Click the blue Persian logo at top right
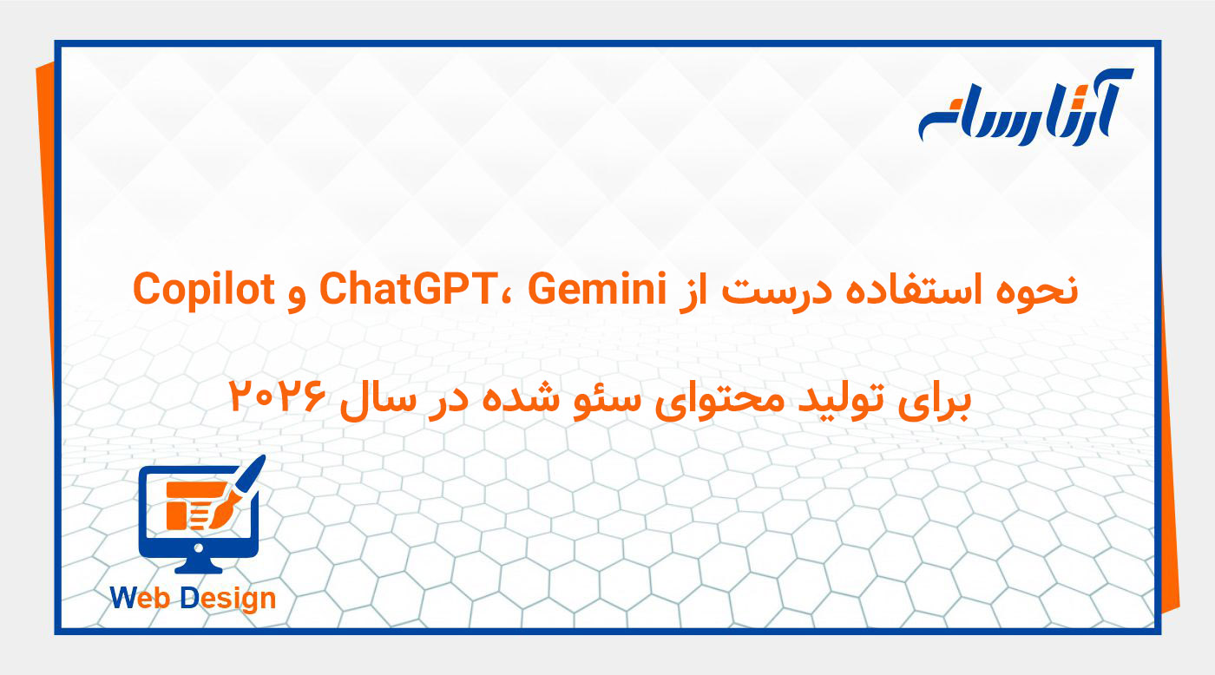(x=1025, y=108)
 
